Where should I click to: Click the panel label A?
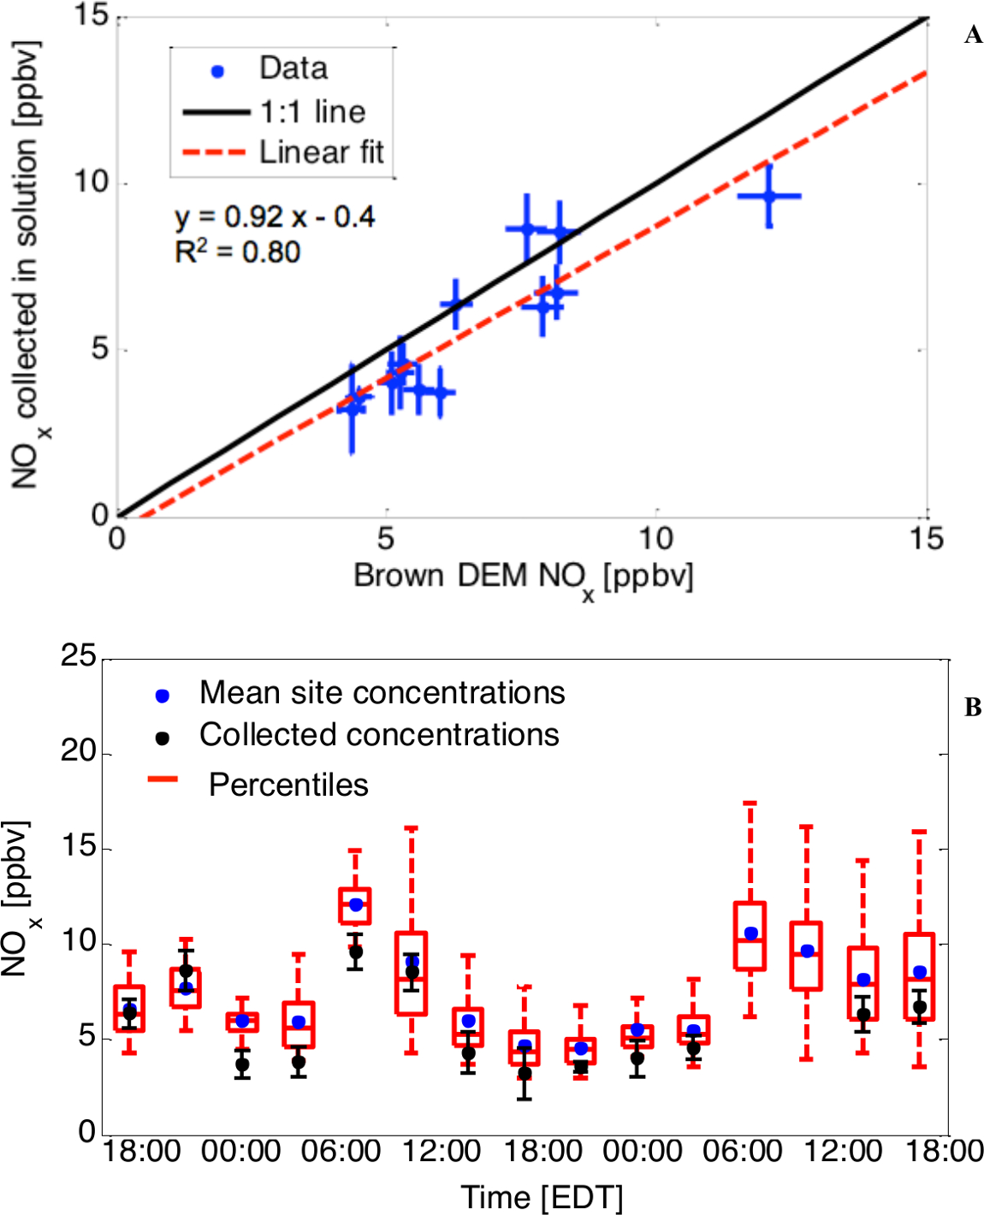coord(973,35)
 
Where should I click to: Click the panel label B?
coord(973,708)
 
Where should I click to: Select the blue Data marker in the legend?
coord(217,72)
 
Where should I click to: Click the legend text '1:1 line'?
coord(313,111)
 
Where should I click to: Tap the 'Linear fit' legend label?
coord(322,152)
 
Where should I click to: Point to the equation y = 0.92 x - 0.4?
coord(275,217)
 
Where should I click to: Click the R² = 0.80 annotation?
coord(238,252)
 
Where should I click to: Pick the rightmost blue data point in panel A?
coord(769,196)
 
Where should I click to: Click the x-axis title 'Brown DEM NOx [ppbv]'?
coord(523,578)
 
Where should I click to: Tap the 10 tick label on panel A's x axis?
coord(655,539)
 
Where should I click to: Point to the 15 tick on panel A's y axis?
coord(92,15)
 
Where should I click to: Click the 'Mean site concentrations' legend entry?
coord(382,693)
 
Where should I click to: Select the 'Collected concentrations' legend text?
coord(379,735)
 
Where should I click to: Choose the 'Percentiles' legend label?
coord(288,785)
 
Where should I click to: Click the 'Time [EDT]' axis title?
coord(542,1197)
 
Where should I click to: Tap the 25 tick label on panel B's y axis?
coord(79,656)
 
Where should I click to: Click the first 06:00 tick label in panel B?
coord(341,1152)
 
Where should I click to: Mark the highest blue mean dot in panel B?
coord(355,904)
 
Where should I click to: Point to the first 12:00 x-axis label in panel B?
coord(442,1152)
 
